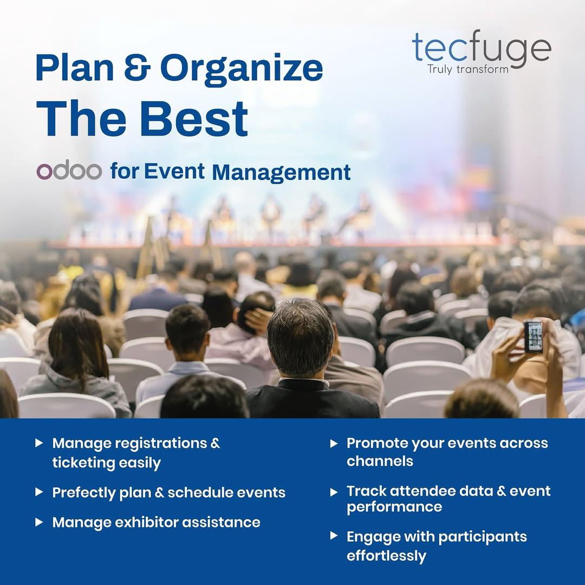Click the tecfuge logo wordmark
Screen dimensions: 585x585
point(482,49)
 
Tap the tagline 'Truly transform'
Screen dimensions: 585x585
point(468,69)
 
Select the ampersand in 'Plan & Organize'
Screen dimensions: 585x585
point(137,68)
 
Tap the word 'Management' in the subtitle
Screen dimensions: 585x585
point(281,172)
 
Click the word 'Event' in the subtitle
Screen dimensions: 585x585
point(174,171)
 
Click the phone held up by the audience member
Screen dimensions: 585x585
point(534,336)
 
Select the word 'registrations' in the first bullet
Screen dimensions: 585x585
point(161,443)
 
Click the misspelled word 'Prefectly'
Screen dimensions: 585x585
point(84,492)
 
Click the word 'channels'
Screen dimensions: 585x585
point(380,461)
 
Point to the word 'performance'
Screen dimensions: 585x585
point(394,507)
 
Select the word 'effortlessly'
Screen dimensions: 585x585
point(386,556)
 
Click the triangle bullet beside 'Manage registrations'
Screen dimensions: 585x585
point(39,443)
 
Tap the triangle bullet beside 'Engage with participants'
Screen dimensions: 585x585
point(334,536)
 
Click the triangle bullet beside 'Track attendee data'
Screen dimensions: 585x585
point(334,492)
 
